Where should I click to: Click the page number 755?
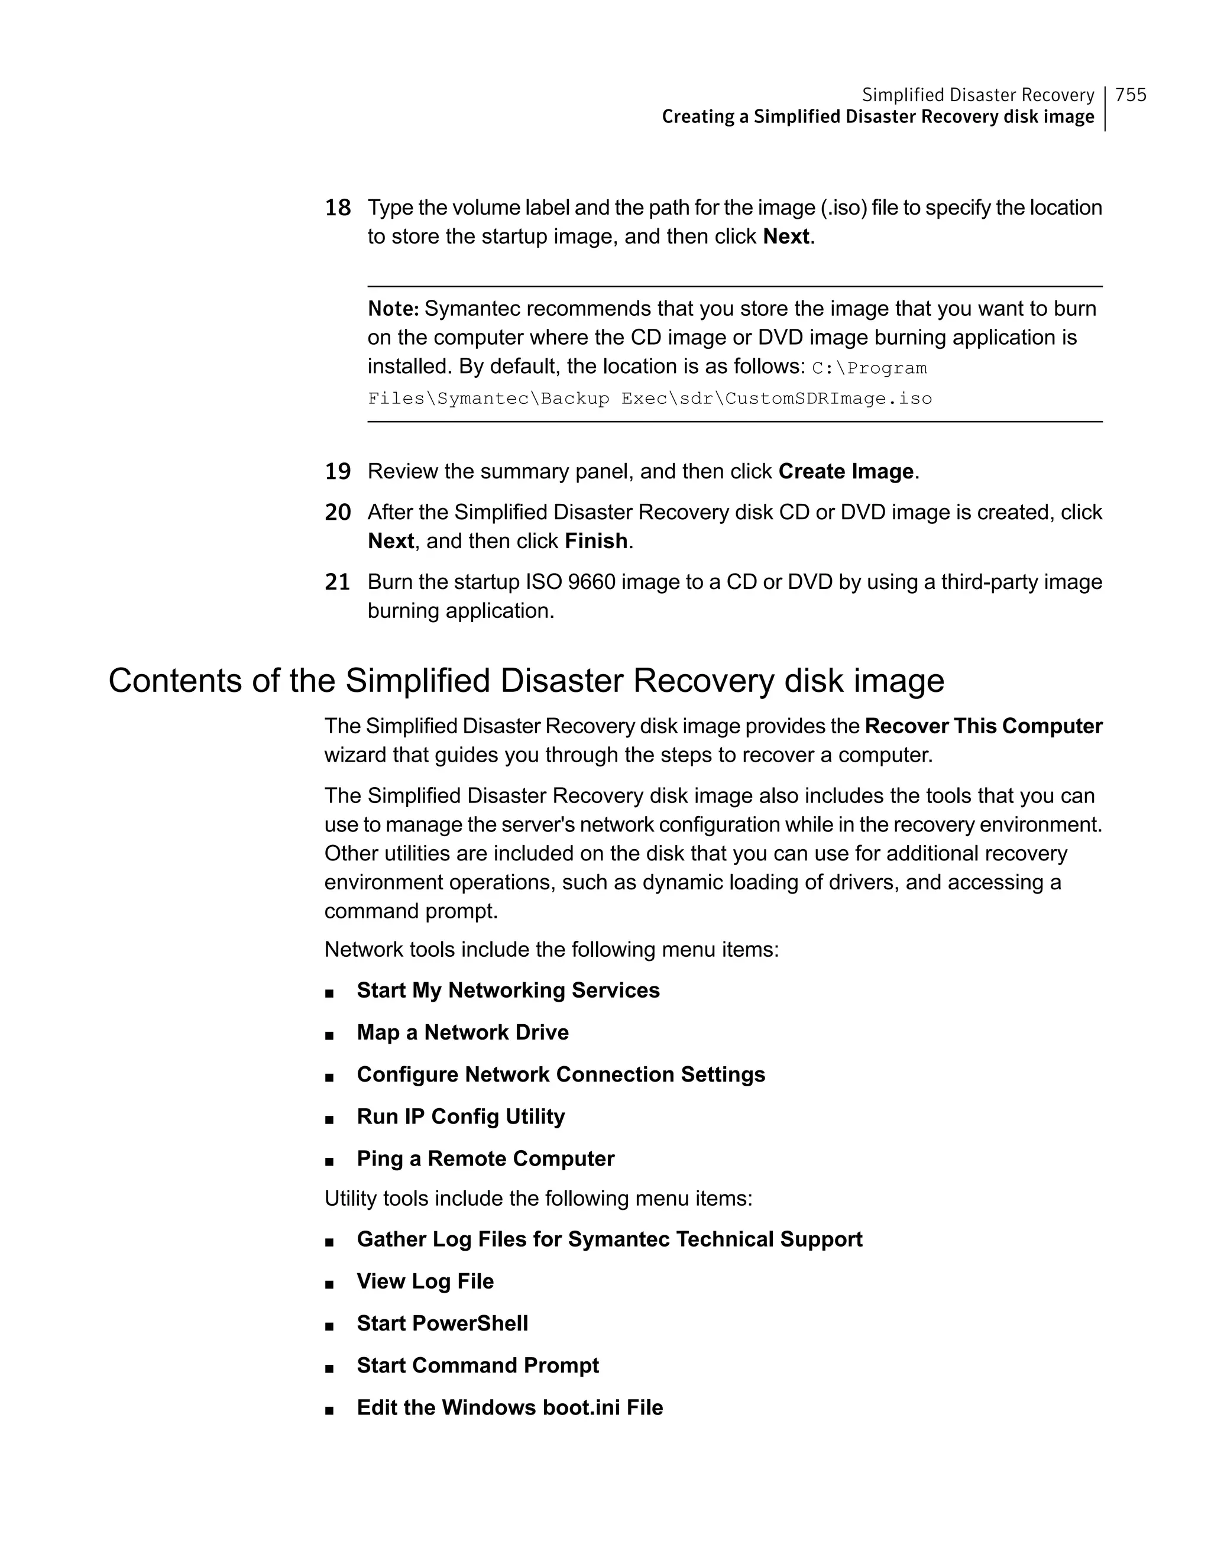pos(1131,95)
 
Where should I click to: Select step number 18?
pos(338,208)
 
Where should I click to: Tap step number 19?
pos(338,472)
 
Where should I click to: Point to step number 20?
pos(338,513)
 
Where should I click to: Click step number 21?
pos(338,582)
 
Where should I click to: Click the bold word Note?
pos(393,309)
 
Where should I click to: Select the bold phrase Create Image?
pos(846,472)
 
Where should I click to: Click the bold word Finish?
pos(596,541)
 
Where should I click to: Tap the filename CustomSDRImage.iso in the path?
pos(828,399)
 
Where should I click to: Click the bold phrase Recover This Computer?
pos(983,726)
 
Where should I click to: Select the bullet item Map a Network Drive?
pos(462,1032)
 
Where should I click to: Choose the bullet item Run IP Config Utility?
pos(461,1116)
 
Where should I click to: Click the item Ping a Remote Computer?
pos(485,1158)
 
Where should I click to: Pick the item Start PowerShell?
pos(442,1323)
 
